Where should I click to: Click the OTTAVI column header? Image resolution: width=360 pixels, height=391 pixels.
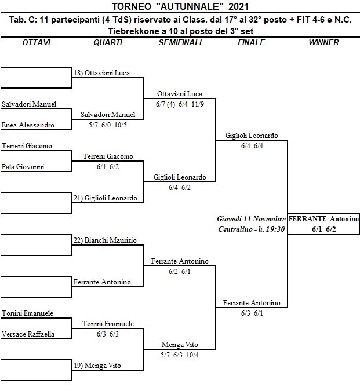pyautogui.click(x=36, y=43)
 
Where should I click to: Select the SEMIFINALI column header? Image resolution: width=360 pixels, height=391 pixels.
pyautogui.click(x=180, y=43)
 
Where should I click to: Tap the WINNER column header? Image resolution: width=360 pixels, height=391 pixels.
pyautogui.click(x=324, y=43)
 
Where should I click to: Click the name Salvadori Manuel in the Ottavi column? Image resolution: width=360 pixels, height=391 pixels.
pyautogui.click(x=29, y=104)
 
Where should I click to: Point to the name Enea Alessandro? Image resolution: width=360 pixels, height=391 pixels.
pyautogui.click(x=28, y=125)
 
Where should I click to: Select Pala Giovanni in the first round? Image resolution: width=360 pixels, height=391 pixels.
pyautogui.click(x=23, y=167)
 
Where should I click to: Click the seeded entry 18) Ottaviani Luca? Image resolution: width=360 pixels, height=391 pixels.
pyautogui.click(x=101, y=73)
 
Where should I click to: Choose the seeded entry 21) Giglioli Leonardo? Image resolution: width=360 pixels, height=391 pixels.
pyautogui.click(x=106, y=198)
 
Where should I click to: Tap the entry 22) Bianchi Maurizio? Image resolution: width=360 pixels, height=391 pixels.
pyautogui.click(x=105, y=240)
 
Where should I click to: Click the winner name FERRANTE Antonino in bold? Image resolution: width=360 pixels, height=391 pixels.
pyautogui.click(x=323, y=219)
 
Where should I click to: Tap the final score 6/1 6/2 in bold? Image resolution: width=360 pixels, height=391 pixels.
pyautogui.click(x=324, y=229)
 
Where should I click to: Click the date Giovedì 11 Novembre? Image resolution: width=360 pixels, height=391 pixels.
pyautogui.click(x=251, y=219)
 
